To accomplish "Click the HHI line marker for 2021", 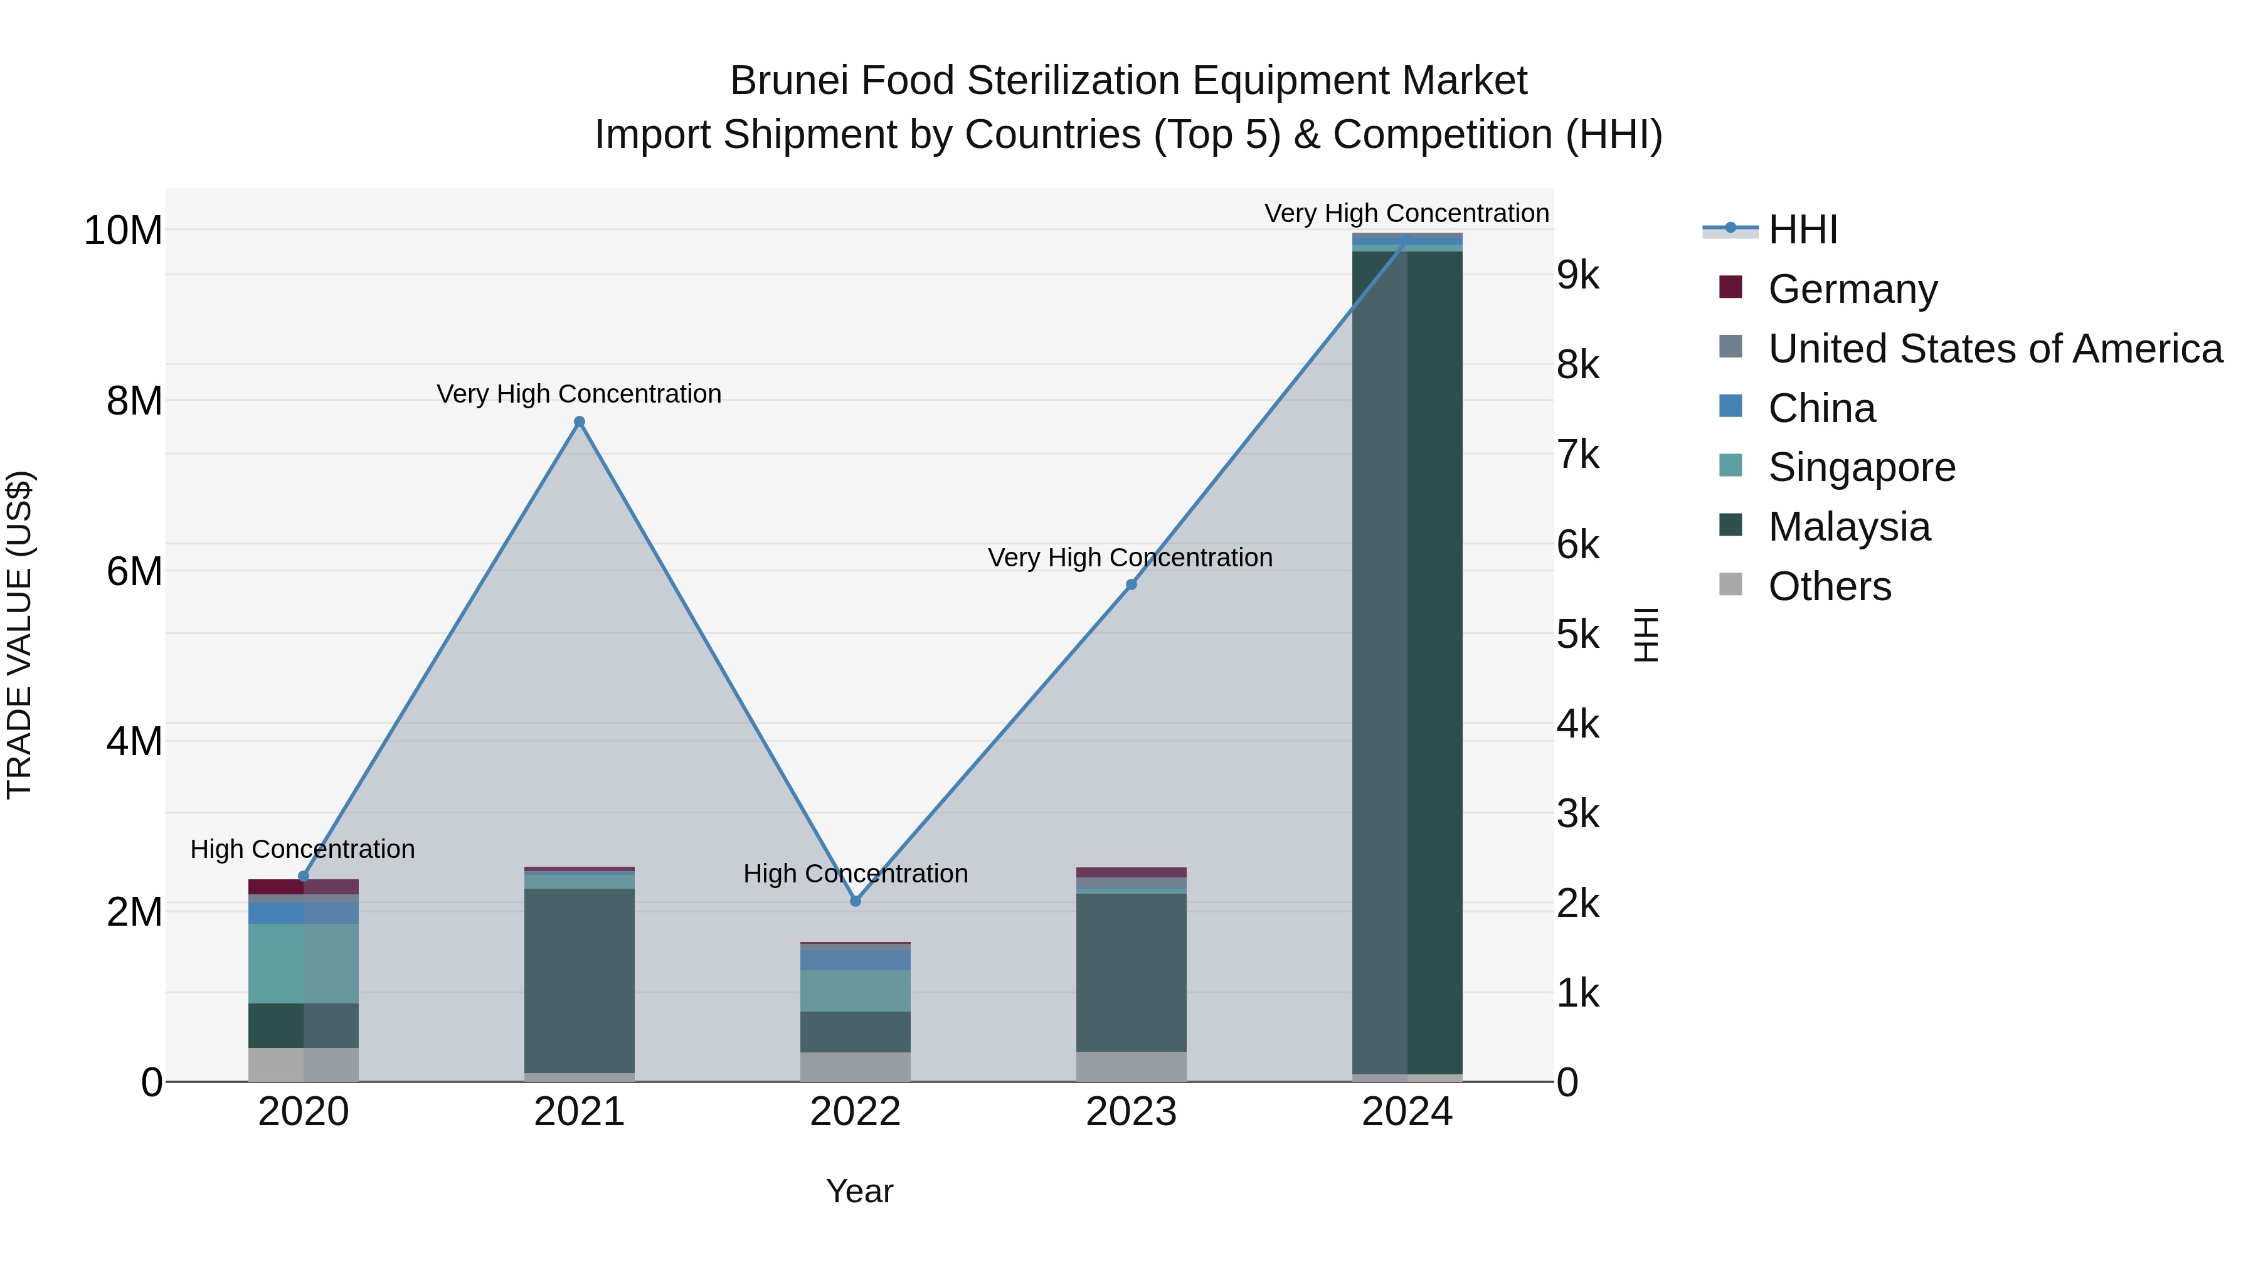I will point(580,421).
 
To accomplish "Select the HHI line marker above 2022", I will point(856,901).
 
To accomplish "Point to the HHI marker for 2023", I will point(1131,585).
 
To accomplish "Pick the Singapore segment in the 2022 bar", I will point(856,990).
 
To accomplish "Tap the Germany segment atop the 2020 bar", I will point(304,886).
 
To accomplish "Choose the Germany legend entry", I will point(1852,289).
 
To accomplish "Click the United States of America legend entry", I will point(1994,349).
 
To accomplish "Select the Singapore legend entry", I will point(1861,467).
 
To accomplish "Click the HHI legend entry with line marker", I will point(1801,230).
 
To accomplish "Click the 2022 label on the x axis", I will point(856,1112).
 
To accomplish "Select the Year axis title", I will point(859,1191).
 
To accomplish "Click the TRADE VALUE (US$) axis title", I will point(19,635).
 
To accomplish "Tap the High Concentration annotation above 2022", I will point(856,874).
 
